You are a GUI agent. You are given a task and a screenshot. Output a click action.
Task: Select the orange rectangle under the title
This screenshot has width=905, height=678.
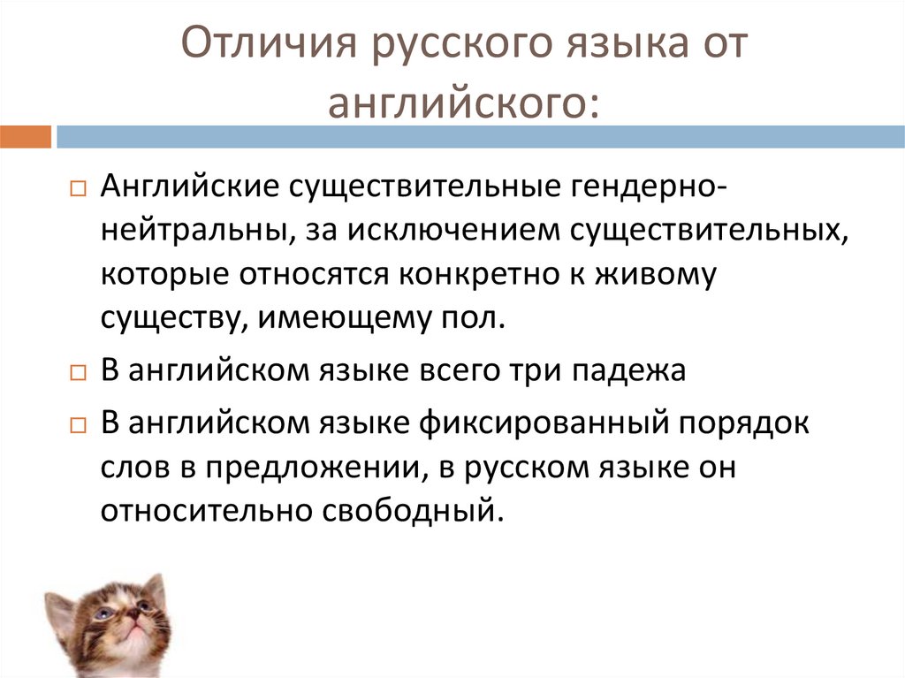(26, 137)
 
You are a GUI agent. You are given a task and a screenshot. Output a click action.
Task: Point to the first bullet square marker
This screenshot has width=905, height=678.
(77, 191)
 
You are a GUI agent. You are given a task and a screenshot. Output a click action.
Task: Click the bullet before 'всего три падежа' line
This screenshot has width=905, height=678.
(77, 372)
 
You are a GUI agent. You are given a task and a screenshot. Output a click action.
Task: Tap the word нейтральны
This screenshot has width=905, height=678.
(198, 232)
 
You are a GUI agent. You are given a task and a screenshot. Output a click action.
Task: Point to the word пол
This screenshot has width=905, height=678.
(477, 317)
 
